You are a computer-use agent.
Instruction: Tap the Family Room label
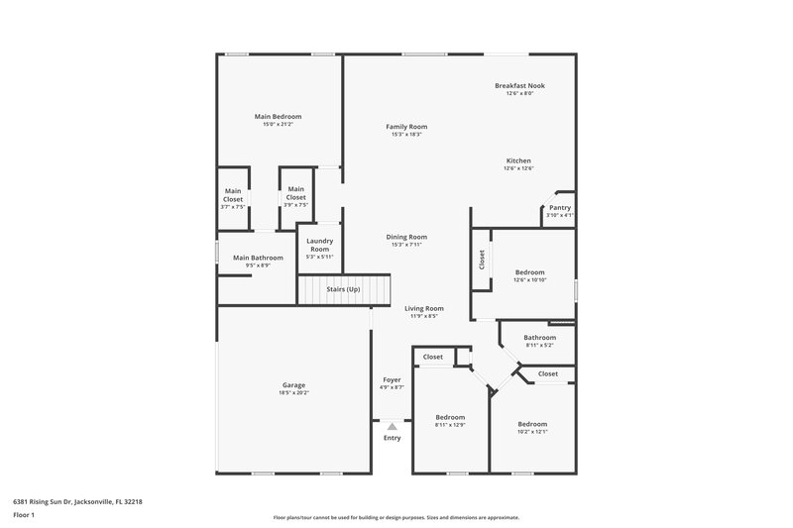406,127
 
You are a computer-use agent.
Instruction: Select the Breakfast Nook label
519,86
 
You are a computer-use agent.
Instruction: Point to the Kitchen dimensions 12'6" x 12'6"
518,168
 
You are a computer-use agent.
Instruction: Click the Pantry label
560,207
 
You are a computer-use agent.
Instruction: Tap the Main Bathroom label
258,258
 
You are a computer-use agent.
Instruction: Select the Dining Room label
406,237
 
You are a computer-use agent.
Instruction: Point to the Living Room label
424,308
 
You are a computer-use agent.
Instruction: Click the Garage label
293,384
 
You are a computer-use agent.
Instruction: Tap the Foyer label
392,379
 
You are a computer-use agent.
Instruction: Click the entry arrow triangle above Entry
392,425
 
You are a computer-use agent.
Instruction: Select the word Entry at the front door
393,437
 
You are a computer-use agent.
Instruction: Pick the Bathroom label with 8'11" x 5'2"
539,337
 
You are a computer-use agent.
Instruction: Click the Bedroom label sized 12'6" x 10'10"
529,271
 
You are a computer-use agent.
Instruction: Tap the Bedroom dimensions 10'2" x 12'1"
532,432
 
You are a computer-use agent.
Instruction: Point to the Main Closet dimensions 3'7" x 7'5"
233,207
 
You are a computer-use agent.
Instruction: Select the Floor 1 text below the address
24,516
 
